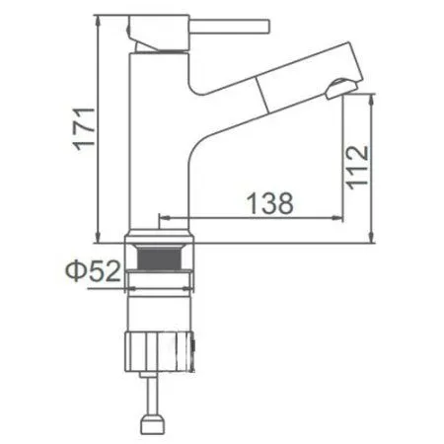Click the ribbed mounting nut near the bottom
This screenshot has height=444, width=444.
[163, 350]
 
